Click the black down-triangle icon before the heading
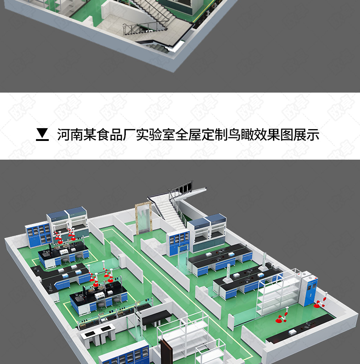pyautogui.click(x=42, y=135)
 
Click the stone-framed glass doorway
pyautogui.click(x=143, y=219)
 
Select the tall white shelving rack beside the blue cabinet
pyautogui.click(x=278, y=297)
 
